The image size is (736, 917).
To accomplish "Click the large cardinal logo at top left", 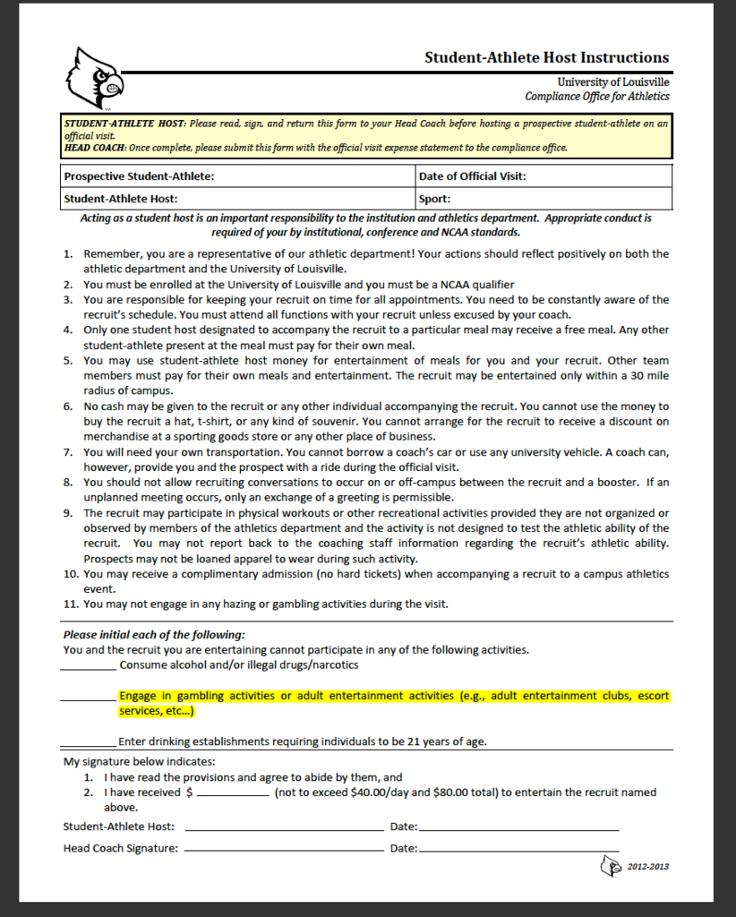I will coord(93,78).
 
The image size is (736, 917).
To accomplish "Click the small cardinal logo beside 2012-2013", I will coord(611,866).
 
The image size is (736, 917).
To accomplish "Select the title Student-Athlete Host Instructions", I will coord(546,57).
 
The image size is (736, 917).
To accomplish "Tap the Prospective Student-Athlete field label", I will coord(139,176).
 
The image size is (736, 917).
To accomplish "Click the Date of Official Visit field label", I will coord(472,176).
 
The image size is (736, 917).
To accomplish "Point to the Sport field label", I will coord(434,199).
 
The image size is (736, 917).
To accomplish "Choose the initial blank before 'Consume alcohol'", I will coord(89,667).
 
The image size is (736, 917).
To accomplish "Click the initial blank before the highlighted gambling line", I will coord(89,698).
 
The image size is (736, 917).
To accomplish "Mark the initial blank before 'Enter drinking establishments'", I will coord(89,743).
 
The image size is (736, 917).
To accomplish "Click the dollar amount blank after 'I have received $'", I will coord(233,794).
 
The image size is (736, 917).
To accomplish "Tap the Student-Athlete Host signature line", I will coord(284,829).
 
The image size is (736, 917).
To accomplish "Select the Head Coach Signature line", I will coord(284,850).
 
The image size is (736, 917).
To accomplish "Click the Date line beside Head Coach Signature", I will coord(518,850).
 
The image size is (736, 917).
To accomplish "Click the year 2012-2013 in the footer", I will coord(647,867).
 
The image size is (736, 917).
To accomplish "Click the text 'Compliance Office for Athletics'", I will coord(596,97).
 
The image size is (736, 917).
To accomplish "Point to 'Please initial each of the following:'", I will coord(153,635).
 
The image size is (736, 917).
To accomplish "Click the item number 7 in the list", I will coord(69,452).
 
